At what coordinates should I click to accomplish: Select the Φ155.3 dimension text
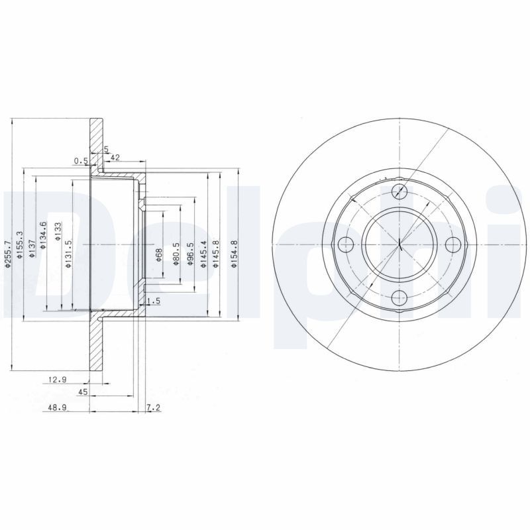[21, 244]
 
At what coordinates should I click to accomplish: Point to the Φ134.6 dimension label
[43, 236]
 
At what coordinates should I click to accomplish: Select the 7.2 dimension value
[152, 408]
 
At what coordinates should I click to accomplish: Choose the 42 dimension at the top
[115, 157]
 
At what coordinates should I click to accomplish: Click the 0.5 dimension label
[80, 160]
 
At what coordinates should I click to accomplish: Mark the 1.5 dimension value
[152, 301]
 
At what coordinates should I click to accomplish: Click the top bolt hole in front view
[399, 192]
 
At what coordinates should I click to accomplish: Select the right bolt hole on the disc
[452, 244]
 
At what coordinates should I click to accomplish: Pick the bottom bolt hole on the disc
[399, 297]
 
